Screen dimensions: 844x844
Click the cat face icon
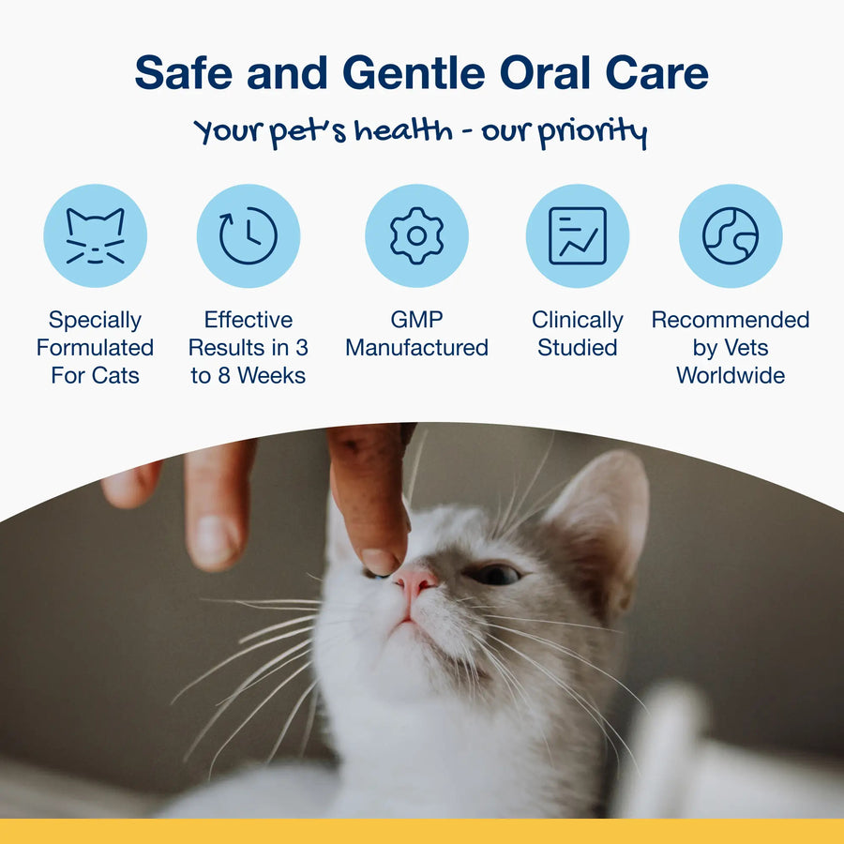tap(95, 236)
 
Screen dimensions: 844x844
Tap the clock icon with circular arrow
tap(249, 236)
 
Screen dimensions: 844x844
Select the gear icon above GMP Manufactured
tap(416, 236)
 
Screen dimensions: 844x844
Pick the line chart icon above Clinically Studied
tap(577, 236)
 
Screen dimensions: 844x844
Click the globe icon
tap(731, 236)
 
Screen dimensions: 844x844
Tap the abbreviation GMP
tap(416, 320)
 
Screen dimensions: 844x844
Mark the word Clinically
tap(577, 321)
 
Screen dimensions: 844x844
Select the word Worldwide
tap(731, 375)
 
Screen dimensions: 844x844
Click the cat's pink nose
tap(414, 581)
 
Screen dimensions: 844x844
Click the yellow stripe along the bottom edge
tap(422, 831)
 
